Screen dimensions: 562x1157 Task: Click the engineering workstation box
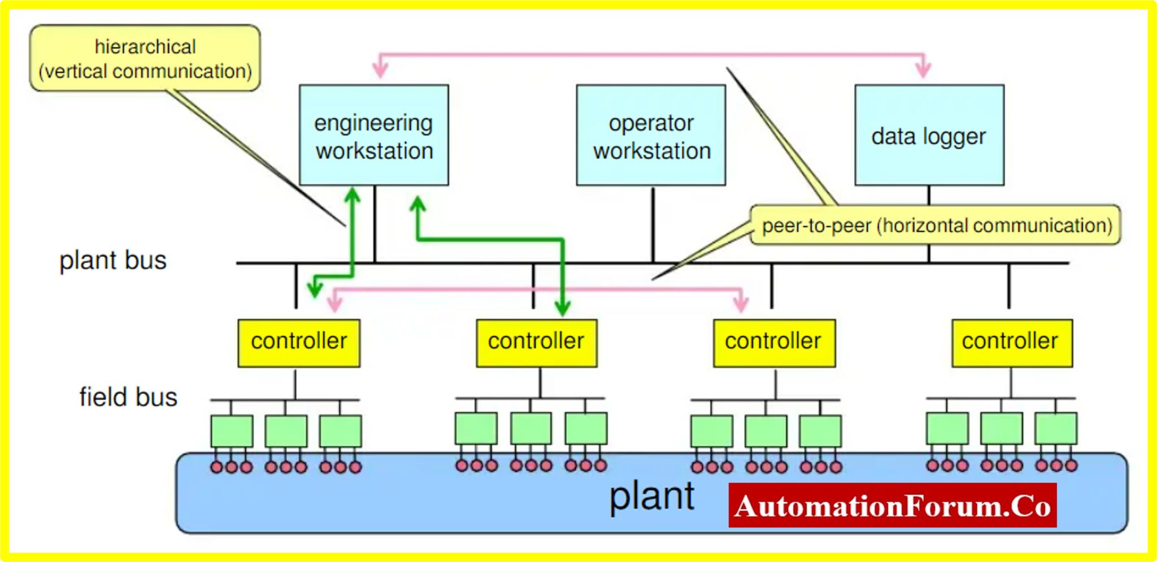pos(373,136)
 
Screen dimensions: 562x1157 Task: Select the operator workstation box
pos(651,136)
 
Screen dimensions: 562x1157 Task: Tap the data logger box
pos(929,136)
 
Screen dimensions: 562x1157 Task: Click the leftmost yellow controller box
pos(299,343)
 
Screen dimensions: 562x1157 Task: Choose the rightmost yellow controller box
pos(1011,343)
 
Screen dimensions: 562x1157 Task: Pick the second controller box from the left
pos(536,343)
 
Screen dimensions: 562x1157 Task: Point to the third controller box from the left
pos(773,343)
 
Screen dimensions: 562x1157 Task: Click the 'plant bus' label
pos(113,261)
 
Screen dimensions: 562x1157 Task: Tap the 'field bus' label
pos(128,397)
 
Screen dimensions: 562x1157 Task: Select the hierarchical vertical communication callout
pos(145,58)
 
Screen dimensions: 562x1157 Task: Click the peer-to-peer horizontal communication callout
pos(936,226)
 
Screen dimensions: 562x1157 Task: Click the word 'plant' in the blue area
pos(651,497)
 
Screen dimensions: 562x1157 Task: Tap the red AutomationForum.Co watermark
pos(892,505)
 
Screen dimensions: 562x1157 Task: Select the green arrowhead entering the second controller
pos(562,309)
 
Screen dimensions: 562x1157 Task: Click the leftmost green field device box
pos(232,431)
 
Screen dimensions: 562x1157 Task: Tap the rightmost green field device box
pos(1055,429)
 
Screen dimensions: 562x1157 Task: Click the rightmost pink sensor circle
pos(1071,465)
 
